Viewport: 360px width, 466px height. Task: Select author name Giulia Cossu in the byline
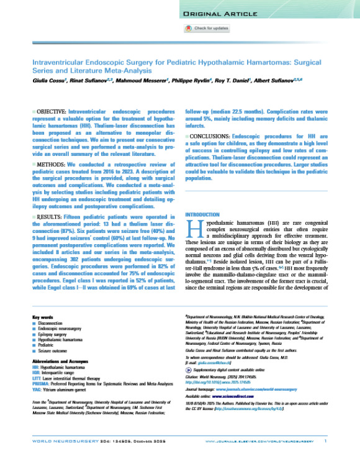click(48, 81)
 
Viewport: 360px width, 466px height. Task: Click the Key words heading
click(42, 318)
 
